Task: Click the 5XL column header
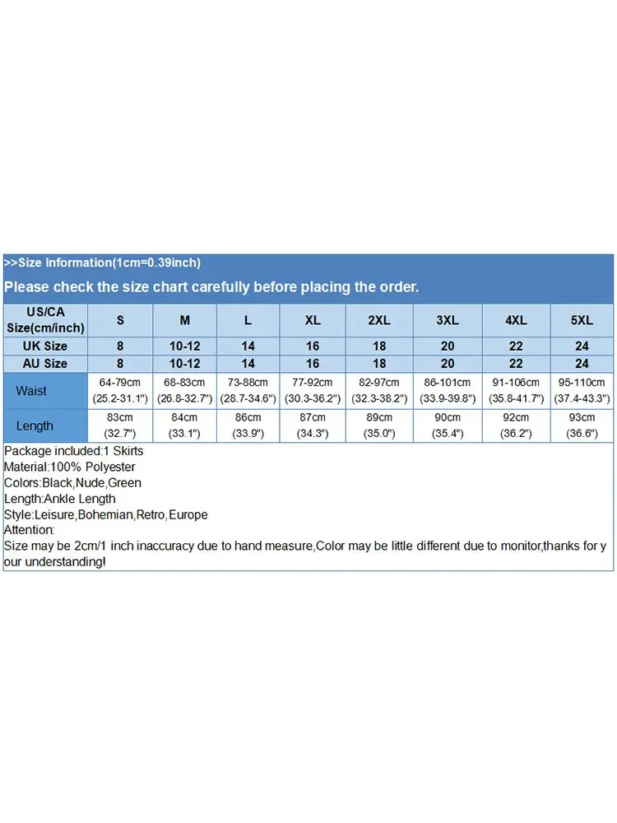[582, 320]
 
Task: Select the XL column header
[313, 320]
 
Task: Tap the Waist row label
[31, 391]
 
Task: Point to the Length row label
[35, 425]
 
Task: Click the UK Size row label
[45, 346]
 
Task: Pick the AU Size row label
[45, 364]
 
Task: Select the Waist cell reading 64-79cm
[120, 390]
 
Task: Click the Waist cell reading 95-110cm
[582, 390]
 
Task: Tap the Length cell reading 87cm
[313, 425]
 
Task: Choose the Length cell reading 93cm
[582, 425]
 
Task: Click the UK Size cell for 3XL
[448, 346]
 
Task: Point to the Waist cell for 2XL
[379, 390]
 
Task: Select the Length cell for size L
[248, 425]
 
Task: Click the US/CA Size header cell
[45, 320]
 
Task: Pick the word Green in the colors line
[125, 483]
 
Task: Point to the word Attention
[29, 531]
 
